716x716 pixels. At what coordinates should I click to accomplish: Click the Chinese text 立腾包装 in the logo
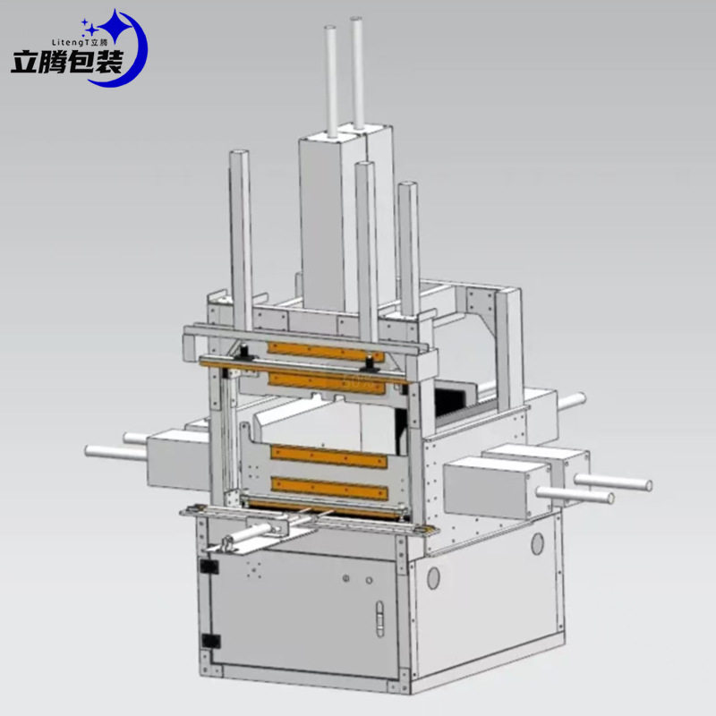[66, 62]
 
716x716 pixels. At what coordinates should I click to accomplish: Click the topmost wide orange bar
[326, 351]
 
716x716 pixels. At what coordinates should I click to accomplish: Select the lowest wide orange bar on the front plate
[329, 488]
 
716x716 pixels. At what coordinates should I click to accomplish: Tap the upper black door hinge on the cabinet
[209, 567]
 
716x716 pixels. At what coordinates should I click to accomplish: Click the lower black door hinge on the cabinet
[211, 641]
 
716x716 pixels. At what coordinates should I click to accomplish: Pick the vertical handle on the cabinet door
[379, 618]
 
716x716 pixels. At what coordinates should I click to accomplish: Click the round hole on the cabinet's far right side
[538, 544]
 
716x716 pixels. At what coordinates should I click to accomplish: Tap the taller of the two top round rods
[357, 72]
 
